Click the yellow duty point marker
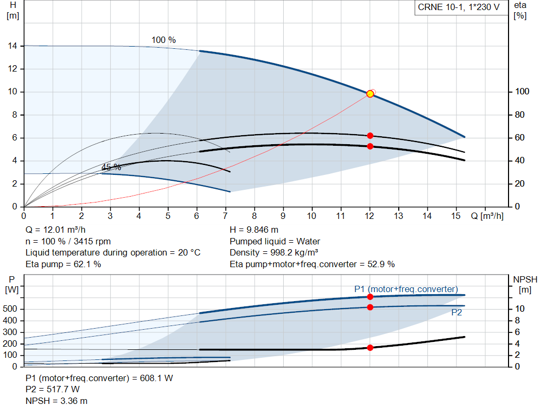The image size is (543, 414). click(x=370, y=93)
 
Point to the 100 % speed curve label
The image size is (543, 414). click(x=163, y=40)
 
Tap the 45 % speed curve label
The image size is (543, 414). click(x=111, y=167)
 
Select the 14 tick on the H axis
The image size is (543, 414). click(x=13, y=46)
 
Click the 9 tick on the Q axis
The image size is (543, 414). click(x=283, y=216)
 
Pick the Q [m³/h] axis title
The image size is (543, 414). click(x=487, y=216)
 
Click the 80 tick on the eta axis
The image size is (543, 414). click(x=520, y=114)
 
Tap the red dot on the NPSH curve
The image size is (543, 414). click(x=370, y=348)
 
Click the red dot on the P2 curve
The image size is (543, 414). click(x=370, y=307)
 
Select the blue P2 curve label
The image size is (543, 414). click(x=457, y=313)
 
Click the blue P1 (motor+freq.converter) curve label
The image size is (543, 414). click(x=406, y=289)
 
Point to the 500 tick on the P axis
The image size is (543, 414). click(x=10, y=309)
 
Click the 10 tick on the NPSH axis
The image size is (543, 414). click(x=520, y=309)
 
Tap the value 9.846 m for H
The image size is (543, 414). click(x=262, y=230)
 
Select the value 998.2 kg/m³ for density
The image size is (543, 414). click(x=294, y=253)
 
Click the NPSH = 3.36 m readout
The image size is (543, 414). click(x=56, y=401)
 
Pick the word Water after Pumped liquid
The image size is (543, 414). click(x=308, y=241)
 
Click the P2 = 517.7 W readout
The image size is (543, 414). click(x=52, y=390)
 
